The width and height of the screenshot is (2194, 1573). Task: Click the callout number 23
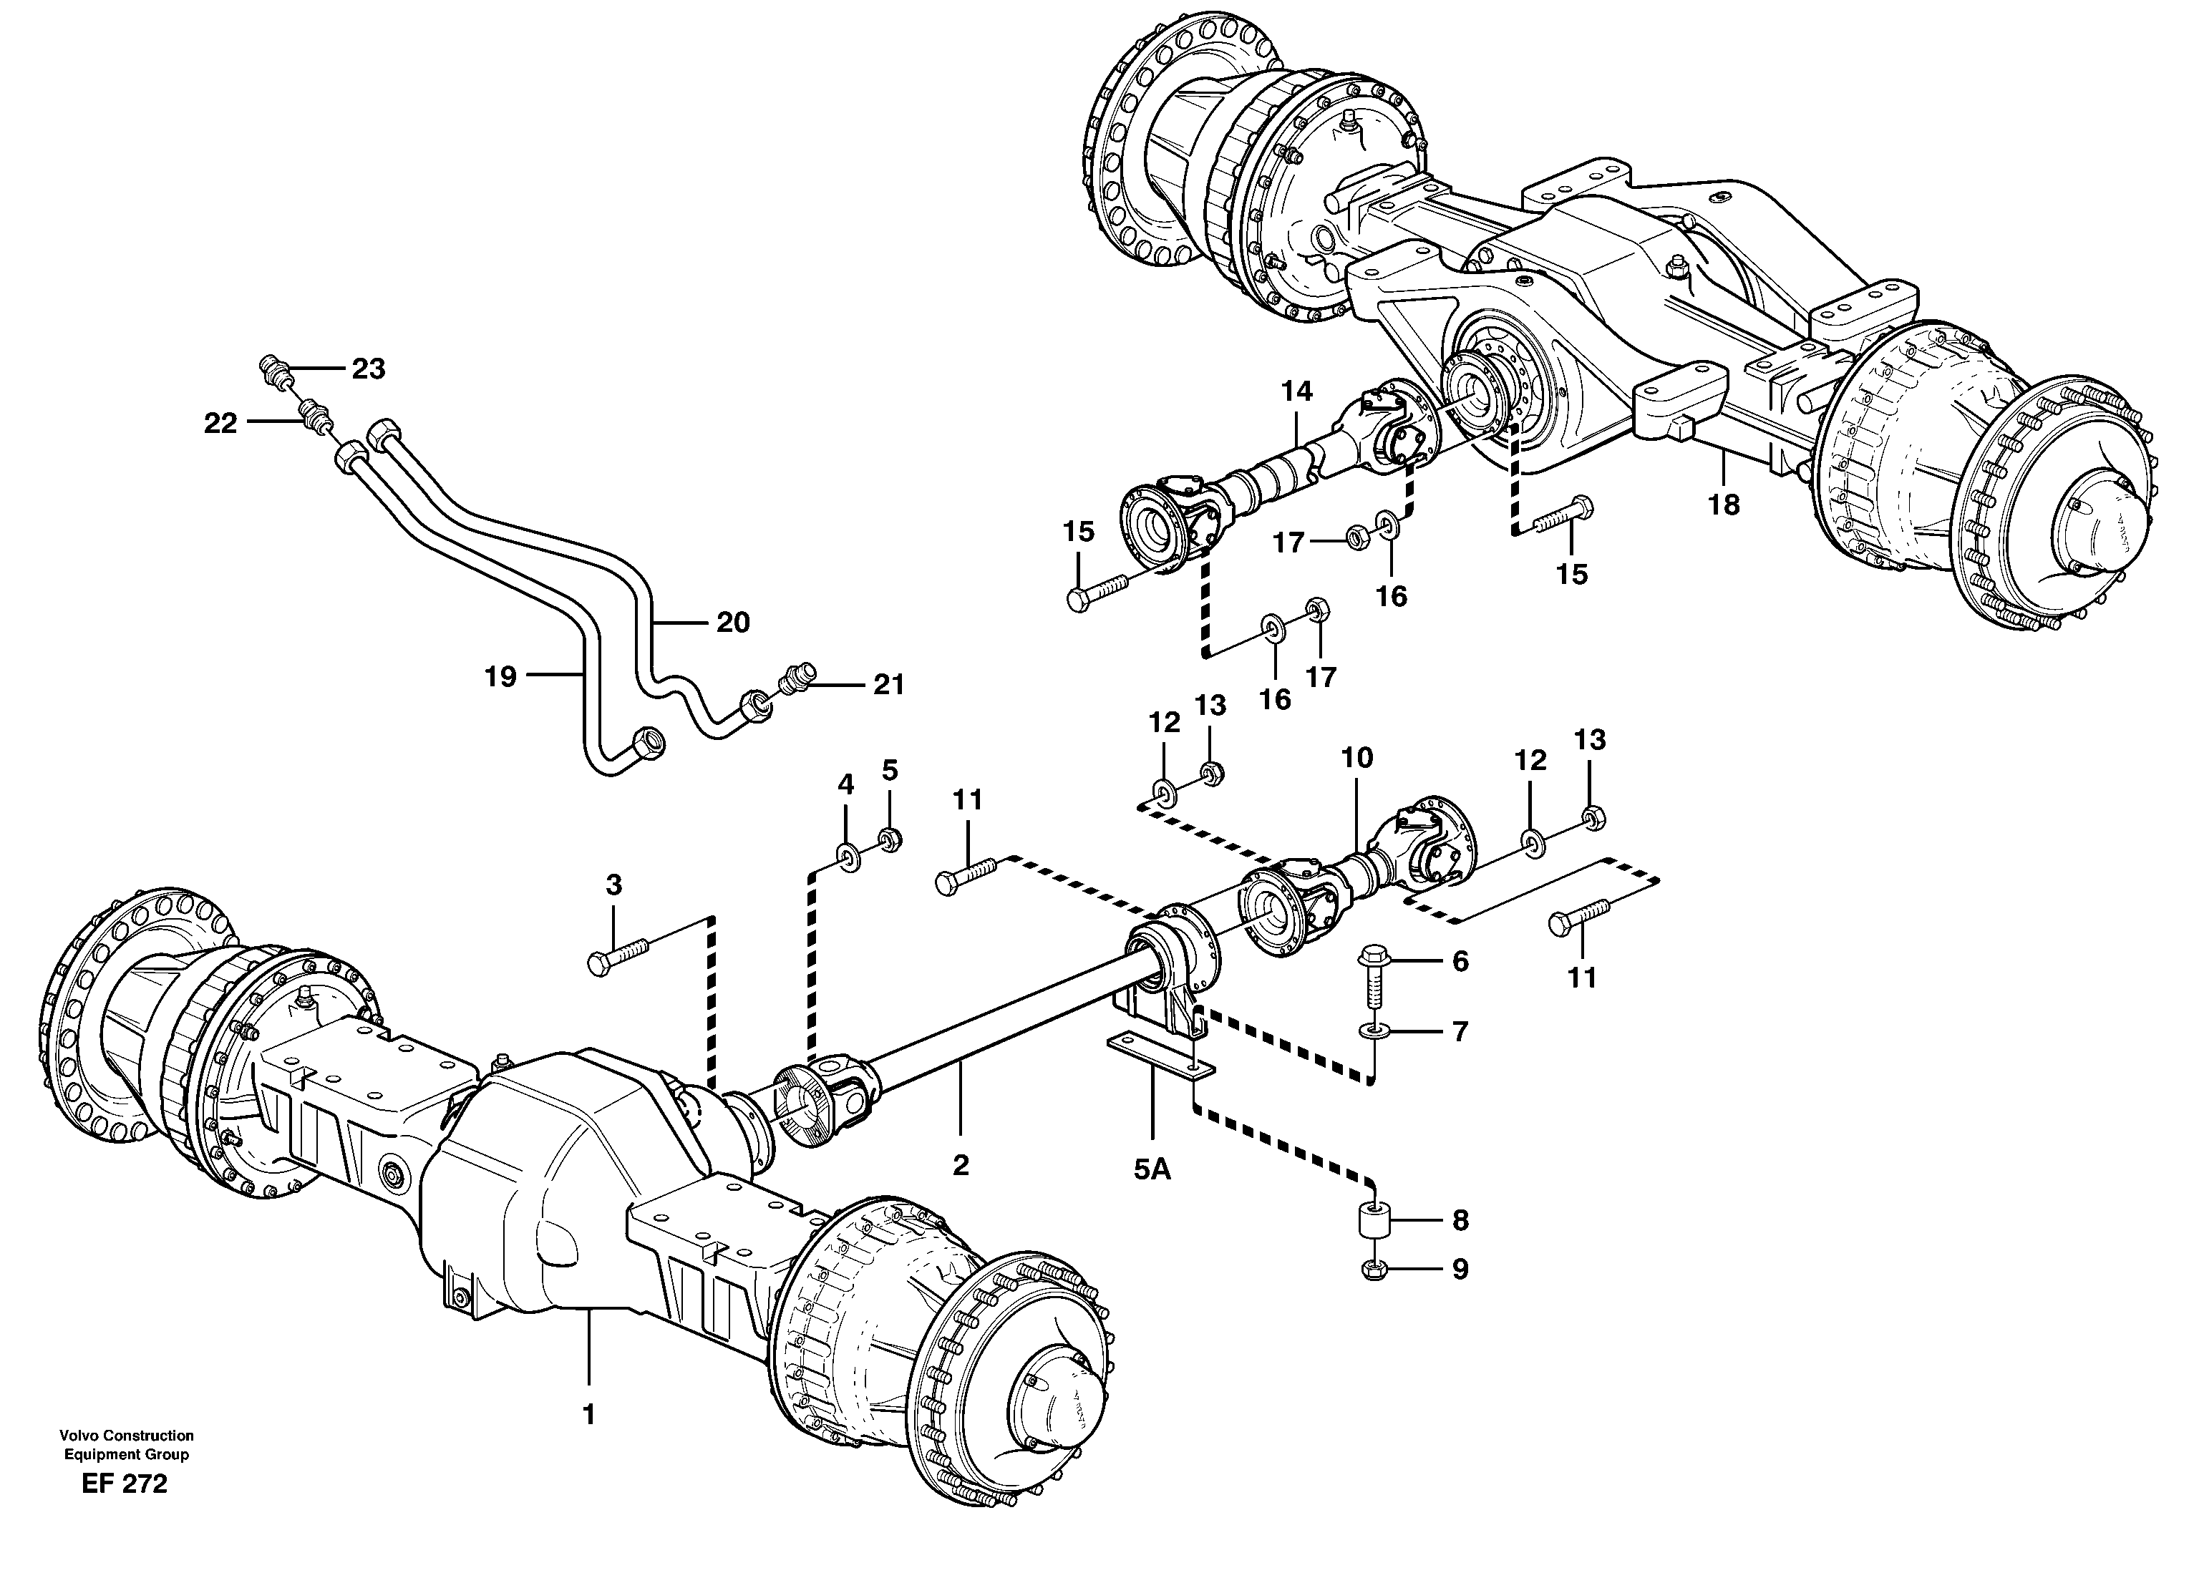coord(368,369)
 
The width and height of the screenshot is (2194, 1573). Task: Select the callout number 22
coord(220,423)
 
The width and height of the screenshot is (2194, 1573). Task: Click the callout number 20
coord(732,621)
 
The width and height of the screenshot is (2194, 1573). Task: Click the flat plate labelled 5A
coord(1160,1053)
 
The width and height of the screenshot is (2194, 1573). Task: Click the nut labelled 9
coord(1374,1270)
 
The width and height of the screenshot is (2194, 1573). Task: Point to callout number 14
coord(1296,391)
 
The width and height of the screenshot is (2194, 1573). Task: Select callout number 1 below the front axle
coord(587,1413)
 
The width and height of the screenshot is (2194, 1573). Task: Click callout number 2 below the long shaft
coord(960,1165)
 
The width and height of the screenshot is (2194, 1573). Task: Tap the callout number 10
coord(1356,756)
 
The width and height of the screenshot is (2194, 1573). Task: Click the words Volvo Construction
coord(126,1435)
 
